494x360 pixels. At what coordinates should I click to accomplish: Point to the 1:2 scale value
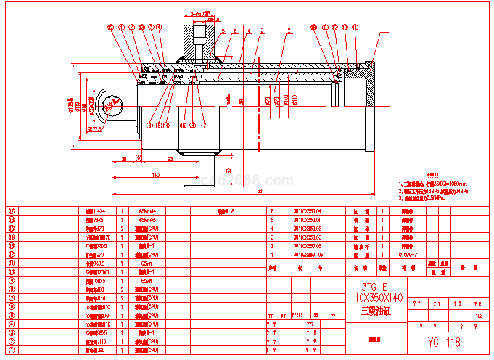pyautogui.click(x=477, y=316)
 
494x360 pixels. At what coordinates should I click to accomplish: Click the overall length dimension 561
pyautogui.click(x=239, y=192)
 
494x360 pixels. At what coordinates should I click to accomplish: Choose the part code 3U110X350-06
pyautogui.click(x=307, y=255)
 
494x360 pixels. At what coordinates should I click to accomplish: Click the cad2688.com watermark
pyautogui.click(x=246, y=180)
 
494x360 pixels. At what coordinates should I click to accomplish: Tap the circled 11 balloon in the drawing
pyautogui.click(x=355, y=28)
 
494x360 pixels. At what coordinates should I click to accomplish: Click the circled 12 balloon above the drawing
pyautogui.click(x=111, y=28)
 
